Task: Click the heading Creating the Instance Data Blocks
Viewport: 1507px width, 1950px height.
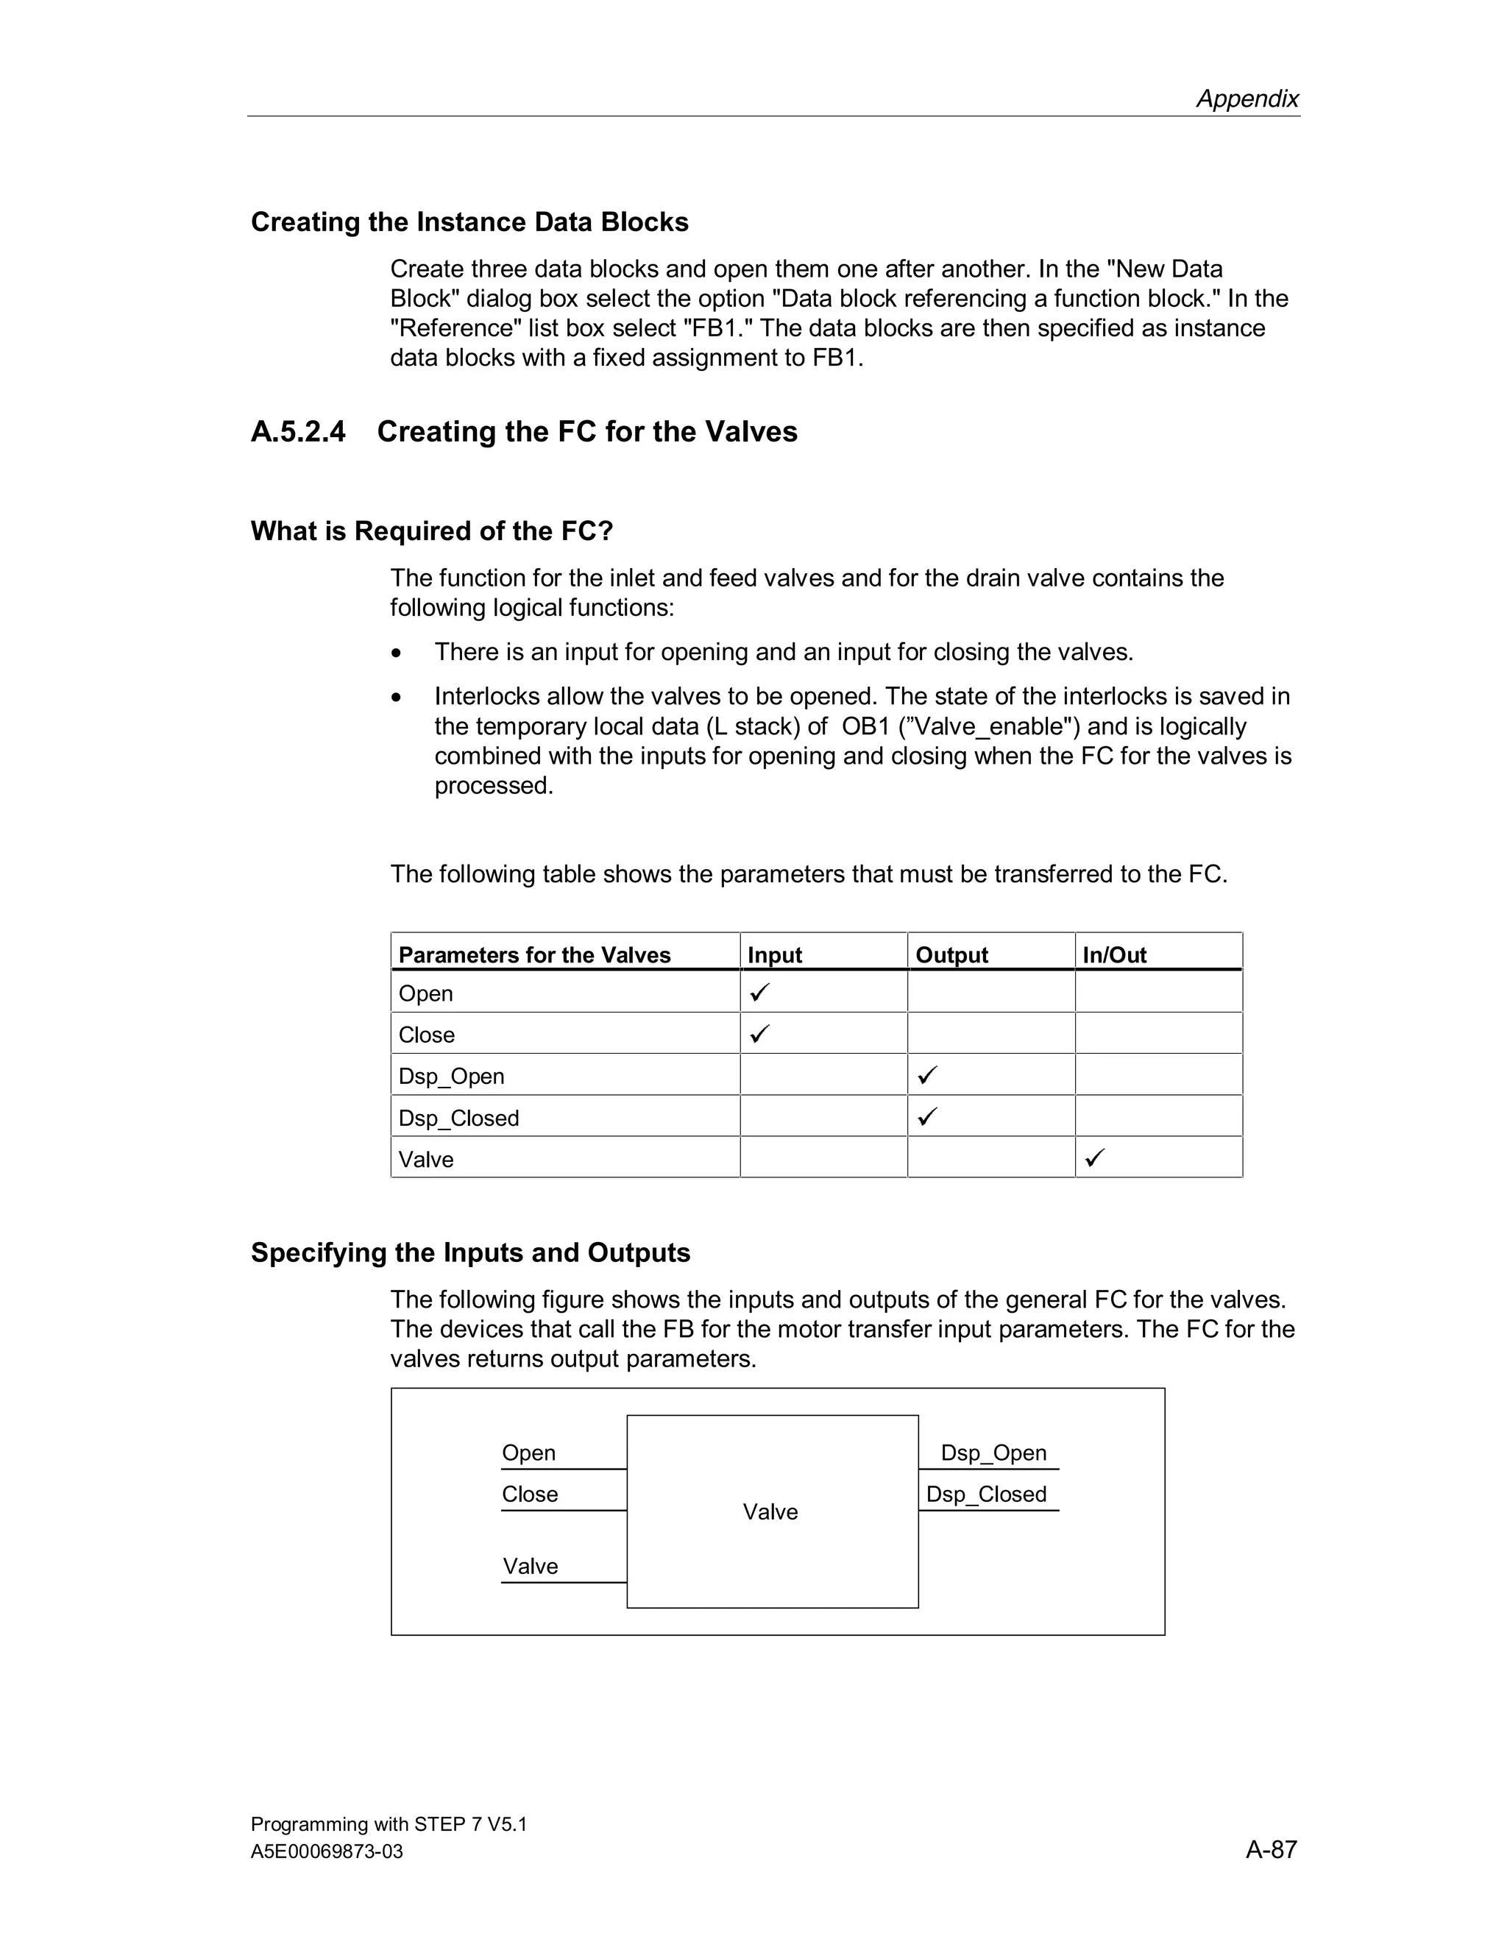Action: (x=469, y=222)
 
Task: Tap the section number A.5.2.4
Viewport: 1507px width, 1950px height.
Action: (x=298, y=432)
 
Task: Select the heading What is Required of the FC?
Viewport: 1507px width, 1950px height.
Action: (x=432, y=531)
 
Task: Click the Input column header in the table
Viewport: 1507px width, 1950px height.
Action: (x=774, y=955)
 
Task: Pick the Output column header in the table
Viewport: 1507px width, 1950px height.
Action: (x=951, y=955)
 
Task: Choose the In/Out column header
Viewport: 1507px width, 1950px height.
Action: (x=1114, y=955)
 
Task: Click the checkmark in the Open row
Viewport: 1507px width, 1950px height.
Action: (x=759, y=992)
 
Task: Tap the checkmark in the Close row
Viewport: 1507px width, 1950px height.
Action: (x=759, y=1034)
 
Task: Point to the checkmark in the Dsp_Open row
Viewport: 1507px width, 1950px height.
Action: (x=928, y=1075)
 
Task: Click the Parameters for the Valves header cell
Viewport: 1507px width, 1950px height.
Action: (x=534, y=955)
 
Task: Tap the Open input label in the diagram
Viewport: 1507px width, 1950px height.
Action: (x=528, y=1453)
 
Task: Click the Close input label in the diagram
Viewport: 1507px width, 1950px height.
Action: (x=529, y=1494)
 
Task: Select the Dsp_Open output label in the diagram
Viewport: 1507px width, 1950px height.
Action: (x=993, y=1453)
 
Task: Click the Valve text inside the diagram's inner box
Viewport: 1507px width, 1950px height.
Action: (x=770, y=1511)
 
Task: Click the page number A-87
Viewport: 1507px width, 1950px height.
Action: (x=1270, y=1849)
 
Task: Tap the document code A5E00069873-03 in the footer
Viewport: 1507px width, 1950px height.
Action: (x=327, y=1852)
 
